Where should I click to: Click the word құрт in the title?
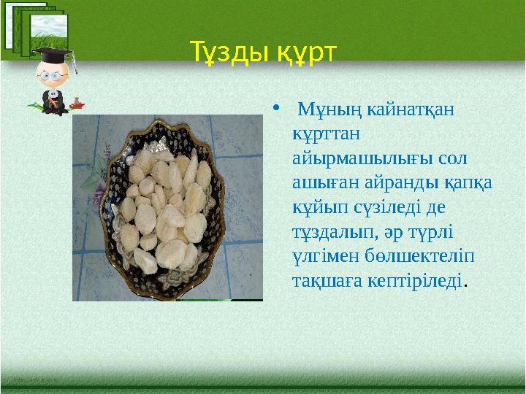pyautogui.click(x=303, y=52)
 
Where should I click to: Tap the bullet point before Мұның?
pyautogui.click(x=273, y=110)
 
